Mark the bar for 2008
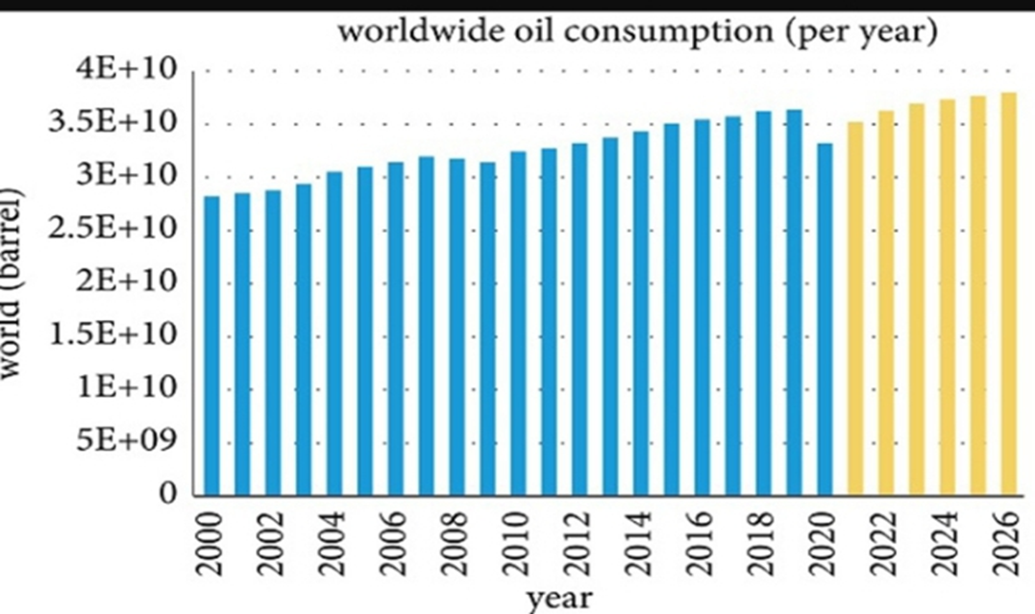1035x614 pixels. [x=456, y=326]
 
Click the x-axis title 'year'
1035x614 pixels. [x=559, y=598]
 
